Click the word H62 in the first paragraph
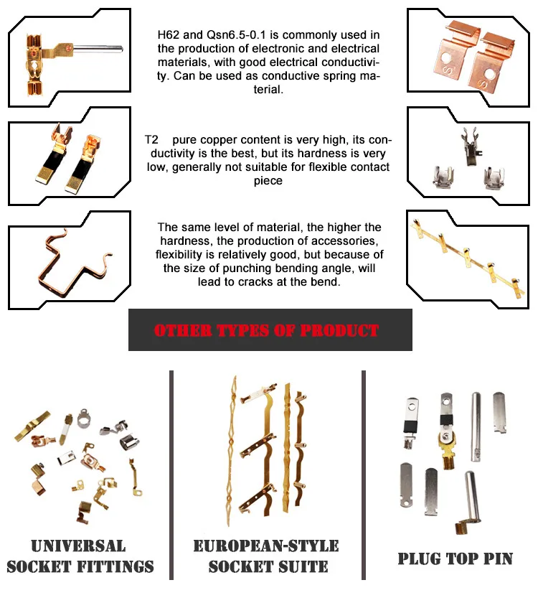coord(169,35)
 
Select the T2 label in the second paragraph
coord(151,139)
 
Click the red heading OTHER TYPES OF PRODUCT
coord(267,330)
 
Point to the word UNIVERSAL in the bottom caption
coord(78,546)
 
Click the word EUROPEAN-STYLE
coord(266,546)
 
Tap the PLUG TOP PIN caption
coord(456,558)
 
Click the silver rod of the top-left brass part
coord(98,50)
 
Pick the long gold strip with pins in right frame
coord(468,257)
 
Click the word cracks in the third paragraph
coord(255,282)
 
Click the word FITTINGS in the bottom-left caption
coord(115,566)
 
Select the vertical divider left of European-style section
coord(171,475)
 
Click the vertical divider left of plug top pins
coord(364,475)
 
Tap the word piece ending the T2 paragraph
coord(268,181)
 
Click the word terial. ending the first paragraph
coord(268,90)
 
